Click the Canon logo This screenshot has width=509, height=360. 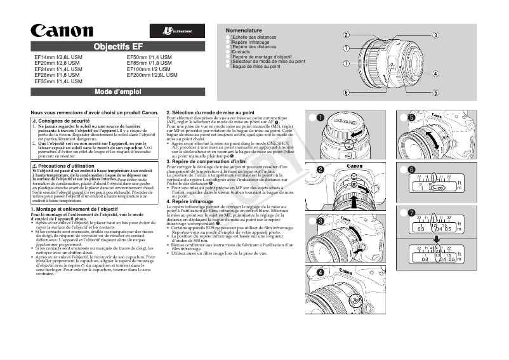pyautogui.click(x=62, y=30)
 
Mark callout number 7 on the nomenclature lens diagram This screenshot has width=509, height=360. pyautogui.click(x=347, y=63)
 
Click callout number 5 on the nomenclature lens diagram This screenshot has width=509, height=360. pyautogui.click(x=436, y=93)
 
